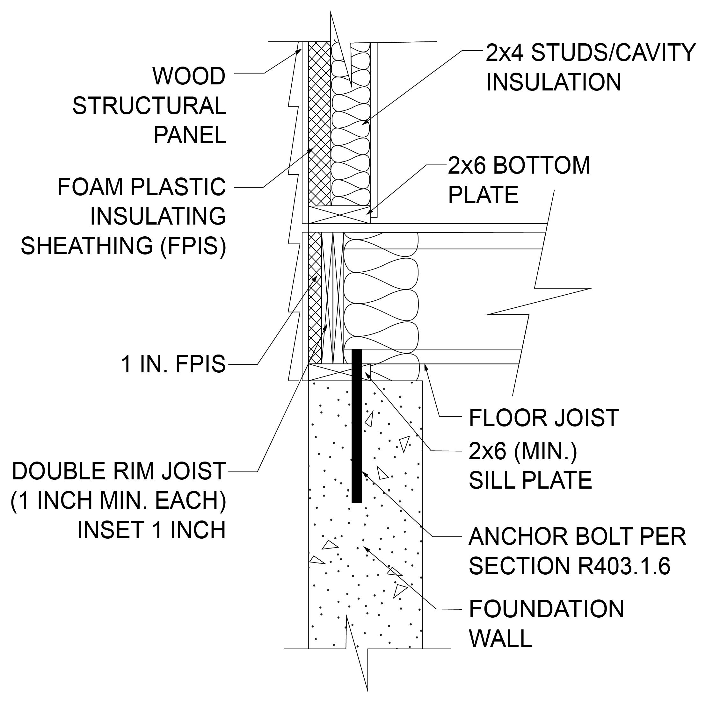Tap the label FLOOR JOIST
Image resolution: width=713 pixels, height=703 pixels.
click(x=544, y=418)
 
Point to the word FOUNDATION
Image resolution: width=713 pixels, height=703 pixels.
click(x=547, y=609)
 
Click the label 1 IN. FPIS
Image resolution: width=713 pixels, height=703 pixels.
click(x=173, y=364)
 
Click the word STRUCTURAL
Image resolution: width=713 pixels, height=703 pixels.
click(x=149, y=106)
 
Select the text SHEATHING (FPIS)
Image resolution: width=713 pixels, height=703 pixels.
click(x=123, y=246)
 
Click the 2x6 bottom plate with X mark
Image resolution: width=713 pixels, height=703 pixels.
click(x=339, y=215)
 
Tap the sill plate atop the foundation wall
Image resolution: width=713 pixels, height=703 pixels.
click(x=332, y=372)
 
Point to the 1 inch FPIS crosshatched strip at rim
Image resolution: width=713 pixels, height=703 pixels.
click(x=315, y=299)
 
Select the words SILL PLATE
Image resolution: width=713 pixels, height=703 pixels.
click(x=530, y=480)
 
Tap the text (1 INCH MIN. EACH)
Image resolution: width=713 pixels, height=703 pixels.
click(x=118, y=500)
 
